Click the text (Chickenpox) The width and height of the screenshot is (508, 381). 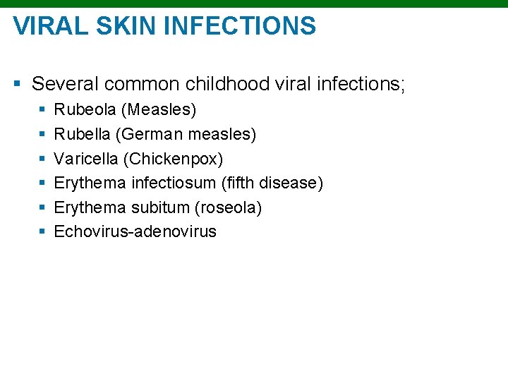click(x=172, y=159)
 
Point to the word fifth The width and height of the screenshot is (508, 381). click(x=240, y=183)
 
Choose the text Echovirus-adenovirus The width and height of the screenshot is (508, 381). click(x=135, y=231)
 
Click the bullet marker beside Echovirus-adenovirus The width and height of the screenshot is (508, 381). click(x=43, y=232)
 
